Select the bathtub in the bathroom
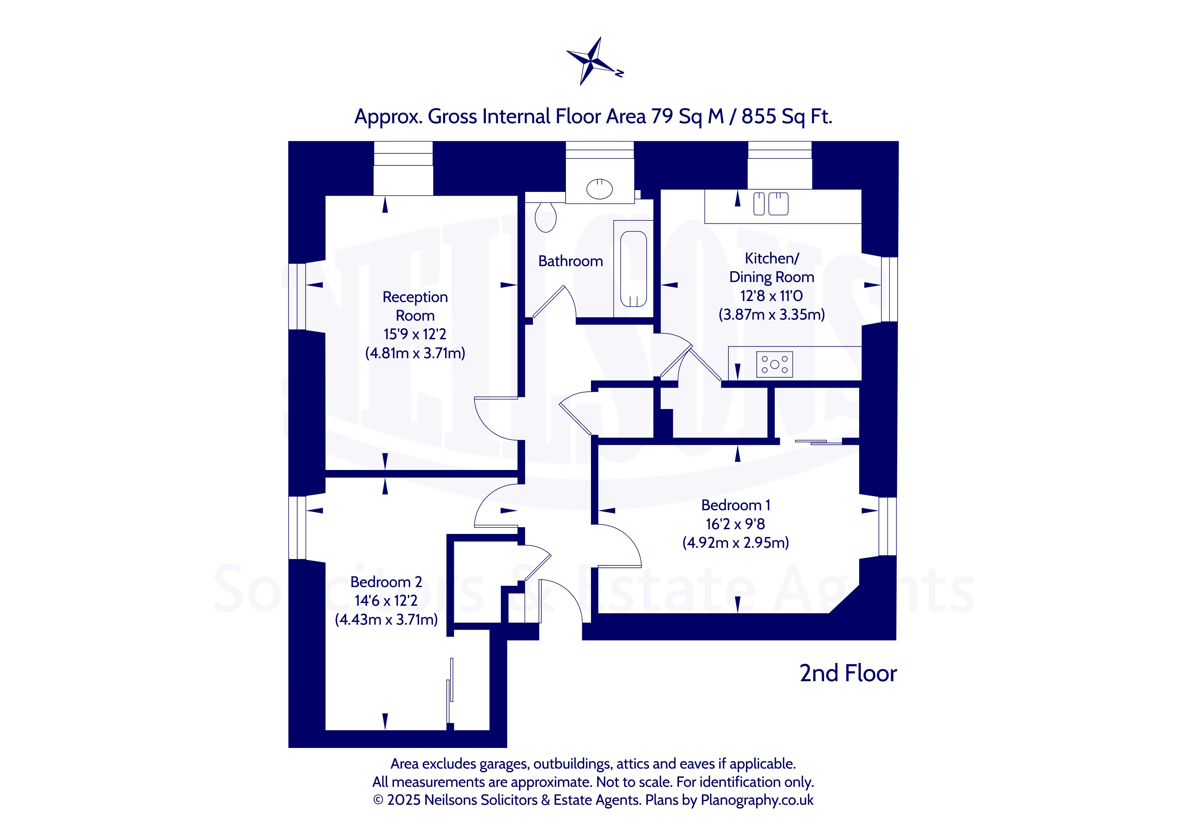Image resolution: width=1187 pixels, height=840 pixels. [x=633, y=269]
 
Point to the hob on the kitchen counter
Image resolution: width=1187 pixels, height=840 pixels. [x=774, y=364]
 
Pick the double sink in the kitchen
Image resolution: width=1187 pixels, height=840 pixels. [x=771, y=203]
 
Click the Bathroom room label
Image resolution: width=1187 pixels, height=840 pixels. [x=570, y=261]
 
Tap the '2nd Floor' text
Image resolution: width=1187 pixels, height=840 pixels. [x=848, y=673]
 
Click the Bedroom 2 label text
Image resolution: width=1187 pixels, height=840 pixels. [x=386, y=582]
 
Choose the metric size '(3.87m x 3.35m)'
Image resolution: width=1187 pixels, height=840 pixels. [x=771, y=315]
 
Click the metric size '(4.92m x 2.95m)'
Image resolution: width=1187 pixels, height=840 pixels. [x=735, y=543]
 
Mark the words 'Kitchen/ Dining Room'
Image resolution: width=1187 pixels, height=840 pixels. [x=771, y=267]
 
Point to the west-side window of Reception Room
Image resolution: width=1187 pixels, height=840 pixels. [x=297, y=296]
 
